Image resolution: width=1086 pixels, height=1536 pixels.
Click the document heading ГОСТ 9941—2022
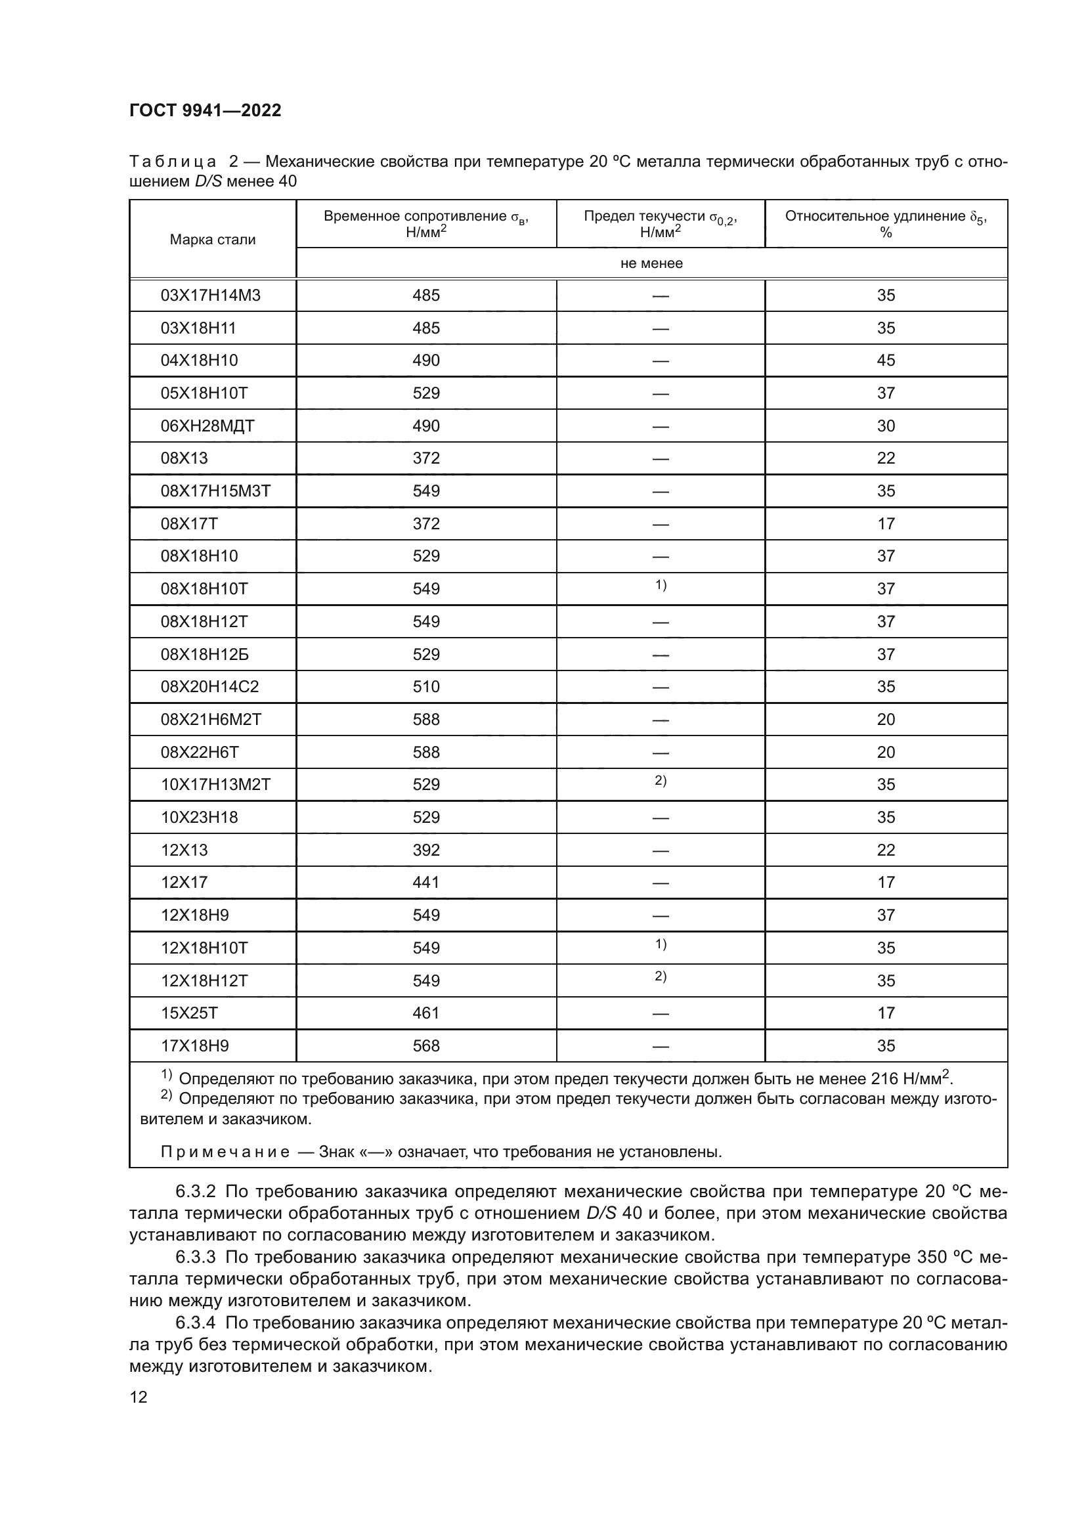206,110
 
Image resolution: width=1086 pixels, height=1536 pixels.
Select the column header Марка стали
212,240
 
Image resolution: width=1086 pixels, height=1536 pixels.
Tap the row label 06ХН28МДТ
207,426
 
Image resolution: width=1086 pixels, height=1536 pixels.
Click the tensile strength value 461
426,1013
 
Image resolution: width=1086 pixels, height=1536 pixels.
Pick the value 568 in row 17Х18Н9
426,1045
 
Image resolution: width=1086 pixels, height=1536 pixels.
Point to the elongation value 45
885,361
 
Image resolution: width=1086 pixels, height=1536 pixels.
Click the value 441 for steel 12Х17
426,883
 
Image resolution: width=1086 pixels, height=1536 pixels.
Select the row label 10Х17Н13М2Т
215,784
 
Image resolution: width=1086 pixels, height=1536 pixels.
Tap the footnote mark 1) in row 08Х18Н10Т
660,585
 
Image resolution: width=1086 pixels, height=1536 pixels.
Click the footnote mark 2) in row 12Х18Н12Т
660,976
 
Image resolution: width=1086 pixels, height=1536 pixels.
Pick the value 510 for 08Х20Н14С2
426,686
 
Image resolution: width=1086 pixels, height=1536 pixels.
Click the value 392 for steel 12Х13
426,850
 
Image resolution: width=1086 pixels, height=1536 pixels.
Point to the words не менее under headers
651,263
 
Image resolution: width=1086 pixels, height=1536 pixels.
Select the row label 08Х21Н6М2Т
211,719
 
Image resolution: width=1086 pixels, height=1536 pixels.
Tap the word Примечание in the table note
225,1152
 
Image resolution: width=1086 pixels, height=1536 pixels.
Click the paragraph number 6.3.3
195,1257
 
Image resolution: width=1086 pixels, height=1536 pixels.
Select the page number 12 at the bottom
139,1397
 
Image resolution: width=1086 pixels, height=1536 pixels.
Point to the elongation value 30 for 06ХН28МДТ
885,426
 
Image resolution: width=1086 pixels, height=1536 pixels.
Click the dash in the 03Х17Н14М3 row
660,296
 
